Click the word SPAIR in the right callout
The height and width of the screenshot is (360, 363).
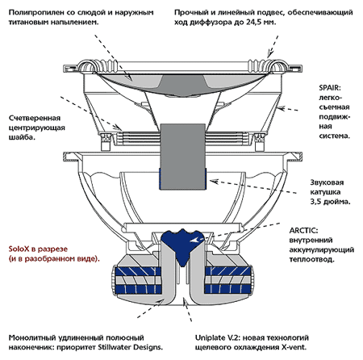coord(330,88)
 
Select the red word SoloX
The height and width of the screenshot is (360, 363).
coord(19,249)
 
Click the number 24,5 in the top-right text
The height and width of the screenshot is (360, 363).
coord(254,22)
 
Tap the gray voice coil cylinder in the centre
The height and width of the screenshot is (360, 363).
coord(183,157)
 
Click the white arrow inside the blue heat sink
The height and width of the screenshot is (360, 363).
coord(196,240)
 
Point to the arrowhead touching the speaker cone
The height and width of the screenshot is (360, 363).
coord(129,77)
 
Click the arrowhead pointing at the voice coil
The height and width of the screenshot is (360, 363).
coord(214,182)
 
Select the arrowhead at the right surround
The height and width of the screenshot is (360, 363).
coord(269,54)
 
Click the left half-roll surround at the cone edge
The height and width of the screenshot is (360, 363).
coord(87,65)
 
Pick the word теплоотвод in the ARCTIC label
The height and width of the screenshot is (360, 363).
coord(311,260)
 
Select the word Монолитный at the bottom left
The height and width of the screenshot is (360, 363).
coord(32,337)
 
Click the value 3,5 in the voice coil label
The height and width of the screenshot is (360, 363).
coord(315,202)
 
